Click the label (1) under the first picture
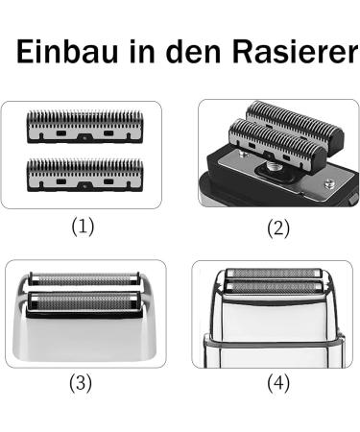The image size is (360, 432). [x=84, y=227]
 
